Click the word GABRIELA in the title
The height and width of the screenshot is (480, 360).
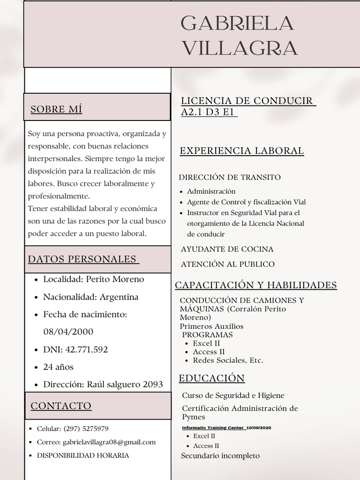coord(237,23)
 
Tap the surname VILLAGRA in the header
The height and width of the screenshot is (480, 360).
coord(239,48)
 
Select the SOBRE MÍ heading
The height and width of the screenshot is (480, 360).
coord(56,110)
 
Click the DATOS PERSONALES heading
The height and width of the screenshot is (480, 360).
coord(82,259)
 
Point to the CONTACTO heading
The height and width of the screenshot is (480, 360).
coord(61,406)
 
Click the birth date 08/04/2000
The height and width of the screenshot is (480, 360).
coord(68,332)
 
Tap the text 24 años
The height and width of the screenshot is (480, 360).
coord(58,367)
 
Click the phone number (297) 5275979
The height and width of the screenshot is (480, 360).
coord(86,429)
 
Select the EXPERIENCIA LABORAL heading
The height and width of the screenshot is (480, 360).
coord(242,151)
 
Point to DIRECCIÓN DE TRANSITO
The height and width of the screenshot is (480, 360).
coord(230,177)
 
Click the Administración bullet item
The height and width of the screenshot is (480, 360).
coord(211,191)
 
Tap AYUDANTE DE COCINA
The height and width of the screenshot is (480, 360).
coord(227,249)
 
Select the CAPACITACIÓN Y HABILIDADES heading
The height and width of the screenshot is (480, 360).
coord(256,285)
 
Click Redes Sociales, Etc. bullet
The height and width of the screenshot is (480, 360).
coord(228,360)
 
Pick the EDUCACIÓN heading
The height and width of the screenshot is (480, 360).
coord(212,378)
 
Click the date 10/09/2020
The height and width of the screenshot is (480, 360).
coord(259,428)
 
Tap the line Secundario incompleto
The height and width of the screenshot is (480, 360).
coord(220,456)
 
